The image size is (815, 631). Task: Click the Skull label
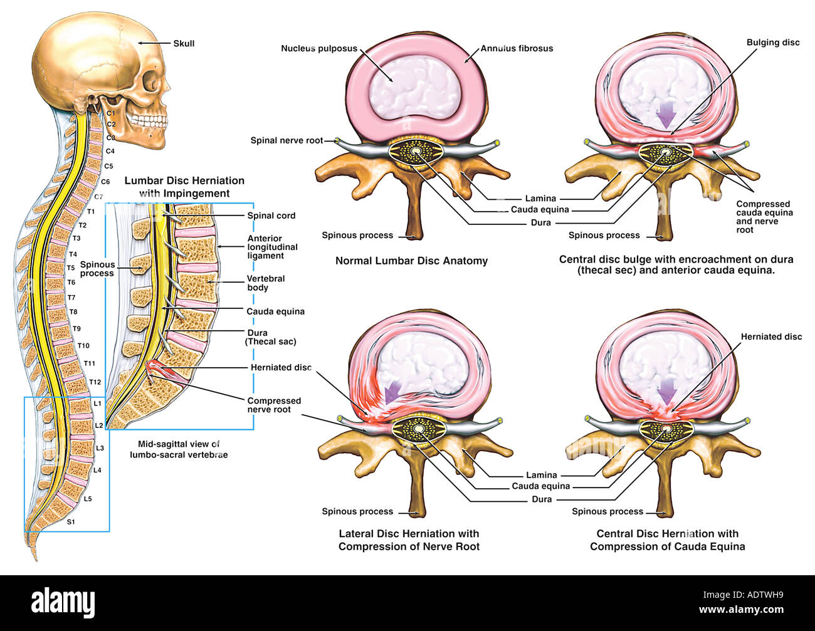click(x=184, y=43)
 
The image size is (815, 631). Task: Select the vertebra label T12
click(x=95, y=382)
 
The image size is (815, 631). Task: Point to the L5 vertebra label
click(x=88, y=499)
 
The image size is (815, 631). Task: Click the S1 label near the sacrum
click(x=71, y=521)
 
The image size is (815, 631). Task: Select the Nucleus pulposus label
click(x=318, y=48)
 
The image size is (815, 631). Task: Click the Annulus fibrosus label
click(x=517, y=48)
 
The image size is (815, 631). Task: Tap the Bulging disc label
click(x=773, y=43)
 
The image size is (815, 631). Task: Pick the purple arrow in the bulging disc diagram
click(x=667, y=115)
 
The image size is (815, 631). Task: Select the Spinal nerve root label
click(x=287, y=140)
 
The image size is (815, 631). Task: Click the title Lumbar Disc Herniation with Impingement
click(x=184, y=187)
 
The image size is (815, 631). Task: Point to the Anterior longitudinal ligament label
click(x=273, y=247)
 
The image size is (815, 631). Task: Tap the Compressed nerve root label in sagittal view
click(x=274, y=405)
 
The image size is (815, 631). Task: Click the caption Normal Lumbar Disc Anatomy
click(x=411, y=261)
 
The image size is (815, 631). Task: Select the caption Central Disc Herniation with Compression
click(x=667, y=540)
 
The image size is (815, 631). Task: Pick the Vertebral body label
click(x=266, y=283)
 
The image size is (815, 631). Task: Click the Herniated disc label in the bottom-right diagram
click(x=771, y=336)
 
